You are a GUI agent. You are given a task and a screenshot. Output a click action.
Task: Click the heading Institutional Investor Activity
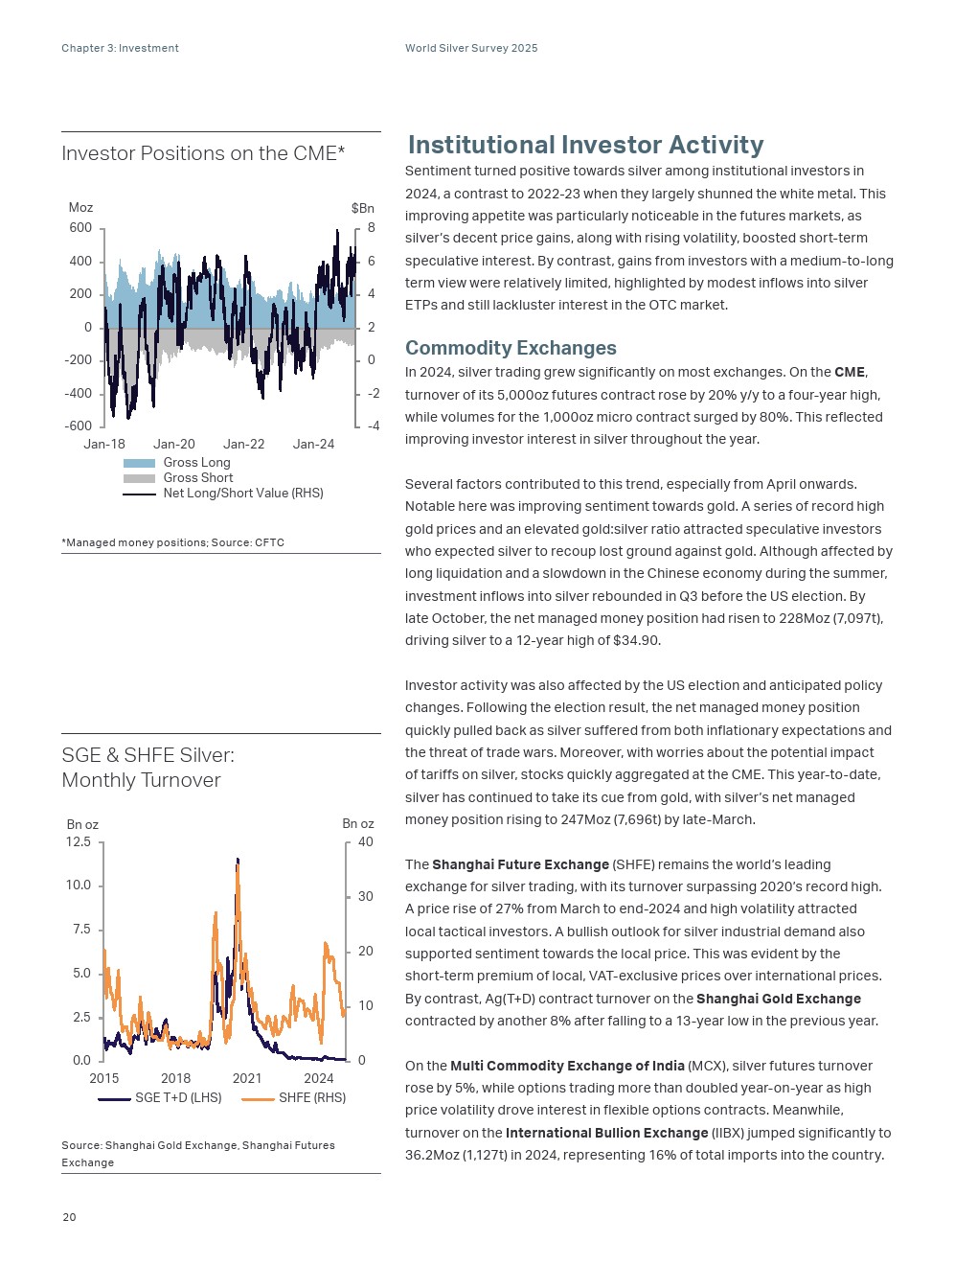click(x=585, y=145)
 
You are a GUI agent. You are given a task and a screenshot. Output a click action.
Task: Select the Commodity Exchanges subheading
click(x=511, y=348)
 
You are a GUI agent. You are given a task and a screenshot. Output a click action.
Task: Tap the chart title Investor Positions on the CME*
click(x=203, y=153)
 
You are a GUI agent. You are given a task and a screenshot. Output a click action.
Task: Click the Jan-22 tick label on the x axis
click(x=243, y=445)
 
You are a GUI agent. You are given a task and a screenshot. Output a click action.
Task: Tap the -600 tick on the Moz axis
click(x=79, y=426)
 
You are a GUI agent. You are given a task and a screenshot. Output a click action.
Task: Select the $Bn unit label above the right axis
click(x=362, y=208)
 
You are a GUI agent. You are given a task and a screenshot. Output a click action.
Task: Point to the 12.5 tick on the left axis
click(x=79, y=842)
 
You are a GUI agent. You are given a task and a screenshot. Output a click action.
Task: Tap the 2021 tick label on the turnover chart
click(x=247, y=1079)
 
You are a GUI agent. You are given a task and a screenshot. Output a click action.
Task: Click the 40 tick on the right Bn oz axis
click(x=365, y=842)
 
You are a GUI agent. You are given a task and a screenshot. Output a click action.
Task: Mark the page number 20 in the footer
click(x=69, y=1217)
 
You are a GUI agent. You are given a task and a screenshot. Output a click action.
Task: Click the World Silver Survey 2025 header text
click(x=471, y=48)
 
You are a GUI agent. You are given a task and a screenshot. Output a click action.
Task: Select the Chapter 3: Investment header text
click(x=120, y=48)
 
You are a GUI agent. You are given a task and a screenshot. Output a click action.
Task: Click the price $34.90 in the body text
click(x=635, y=640)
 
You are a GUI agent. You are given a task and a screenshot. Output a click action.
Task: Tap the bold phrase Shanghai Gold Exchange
click(x=778, y=999)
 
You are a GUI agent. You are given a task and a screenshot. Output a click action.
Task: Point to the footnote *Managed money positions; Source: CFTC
click(x=172, y=542)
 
